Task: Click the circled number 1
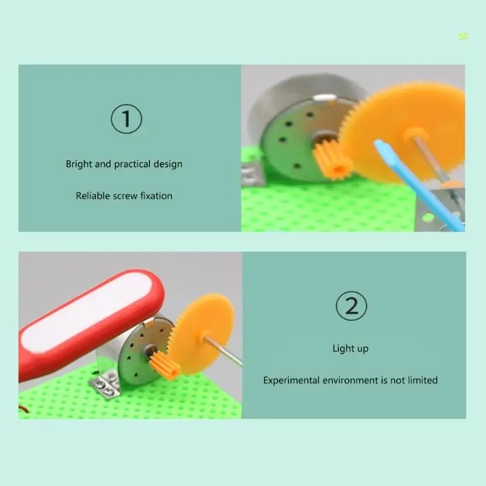pyautogui.click(x=126, y=119)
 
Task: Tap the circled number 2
pyautogui.click(x=351, y=306)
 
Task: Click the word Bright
pyautogui.click(x=79, y=164)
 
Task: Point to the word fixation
pyautogui.click(x=156, y=196)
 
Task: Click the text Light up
pyautogui.click(x=351, y=348)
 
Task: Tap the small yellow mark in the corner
pyautogui.click(x=464, y=37)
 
